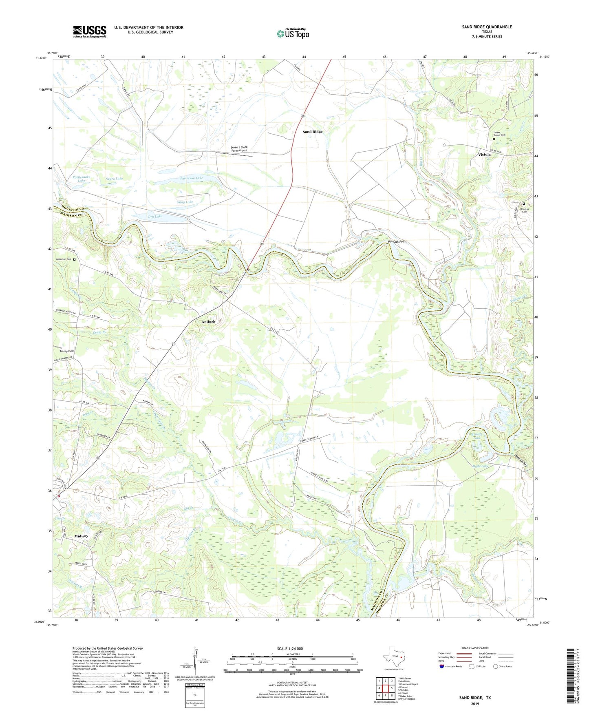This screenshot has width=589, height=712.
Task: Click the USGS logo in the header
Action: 90,31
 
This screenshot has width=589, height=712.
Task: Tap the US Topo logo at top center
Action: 293,33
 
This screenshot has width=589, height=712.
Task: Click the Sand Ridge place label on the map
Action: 313,132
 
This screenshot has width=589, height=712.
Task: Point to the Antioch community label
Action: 208,322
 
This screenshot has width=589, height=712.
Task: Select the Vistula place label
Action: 484,155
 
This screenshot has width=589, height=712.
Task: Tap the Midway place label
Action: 81,536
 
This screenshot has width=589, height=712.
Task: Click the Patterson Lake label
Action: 191,178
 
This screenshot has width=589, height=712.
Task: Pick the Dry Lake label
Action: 155,216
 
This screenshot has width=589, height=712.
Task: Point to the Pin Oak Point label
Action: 397,241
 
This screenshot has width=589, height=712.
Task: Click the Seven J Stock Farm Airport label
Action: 239,149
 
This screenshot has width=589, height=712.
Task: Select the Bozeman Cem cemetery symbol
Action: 74,259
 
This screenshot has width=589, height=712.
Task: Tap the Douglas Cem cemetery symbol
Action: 524,204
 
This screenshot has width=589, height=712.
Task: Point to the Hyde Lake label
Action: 480,466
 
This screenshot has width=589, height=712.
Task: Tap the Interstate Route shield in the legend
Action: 442,666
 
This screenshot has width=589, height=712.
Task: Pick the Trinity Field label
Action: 67,351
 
